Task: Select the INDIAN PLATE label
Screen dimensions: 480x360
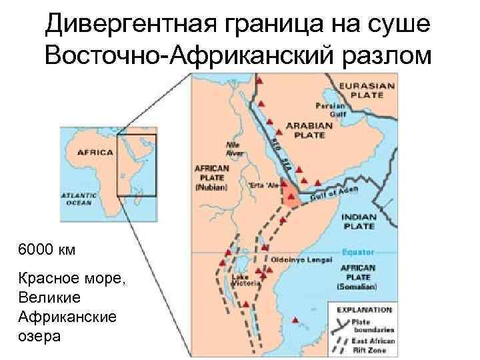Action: (x=359, y=221)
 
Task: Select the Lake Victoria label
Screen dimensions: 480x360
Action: (x=241, y=279)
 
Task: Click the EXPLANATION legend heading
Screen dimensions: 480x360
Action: (x=364, y=310)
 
